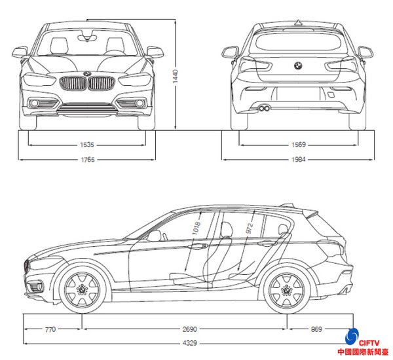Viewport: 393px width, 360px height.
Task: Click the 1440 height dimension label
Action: click(x=175, y=77)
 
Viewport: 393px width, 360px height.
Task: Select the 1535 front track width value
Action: click(x=87, y=145)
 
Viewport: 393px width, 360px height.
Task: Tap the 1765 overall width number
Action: click(x=88, y=160)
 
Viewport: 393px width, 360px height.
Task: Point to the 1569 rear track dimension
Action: click(x=299, y=145)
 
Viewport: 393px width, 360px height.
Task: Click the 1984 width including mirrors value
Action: click(x=299, y=159)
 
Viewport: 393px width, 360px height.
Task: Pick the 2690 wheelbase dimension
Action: click(x=190, y=329)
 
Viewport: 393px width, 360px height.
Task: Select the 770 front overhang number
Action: click(x=50, y=329)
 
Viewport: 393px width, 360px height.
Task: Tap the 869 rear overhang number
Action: click(x=316, y=329)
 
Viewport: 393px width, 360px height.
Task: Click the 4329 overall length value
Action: click(x=190, y=343)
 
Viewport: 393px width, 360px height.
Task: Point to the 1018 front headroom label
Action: click(x=196, y=228)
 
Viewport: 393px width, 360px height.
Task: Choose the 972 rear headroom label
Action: click(x=250, y=228)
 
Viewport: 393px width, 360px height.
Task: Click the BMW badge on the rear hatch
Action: click(x=298, y=65)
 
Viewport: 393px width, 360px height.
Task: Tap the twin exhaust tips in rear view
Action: click(x=265, y=109)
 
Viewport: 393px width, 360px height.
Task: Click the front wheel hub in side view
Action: click(x=82, y=290)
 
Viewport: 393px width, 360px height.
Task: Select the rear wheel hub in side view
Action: click(x=287, y=290)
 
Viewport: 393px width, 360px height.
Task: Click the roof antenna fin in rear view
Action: click(x=298, y=23)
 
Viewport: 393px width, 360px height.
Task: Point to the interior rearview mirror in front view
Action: click(x=87, y=38)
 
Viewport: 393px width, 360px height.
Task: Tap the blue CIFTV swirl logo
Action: click(x=352, y=336)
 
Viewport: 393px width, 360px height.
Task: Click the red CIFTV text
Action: click(x=369, y=343)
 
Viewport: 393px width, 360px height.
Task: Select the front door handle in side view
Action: click(x=198, y=245)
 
